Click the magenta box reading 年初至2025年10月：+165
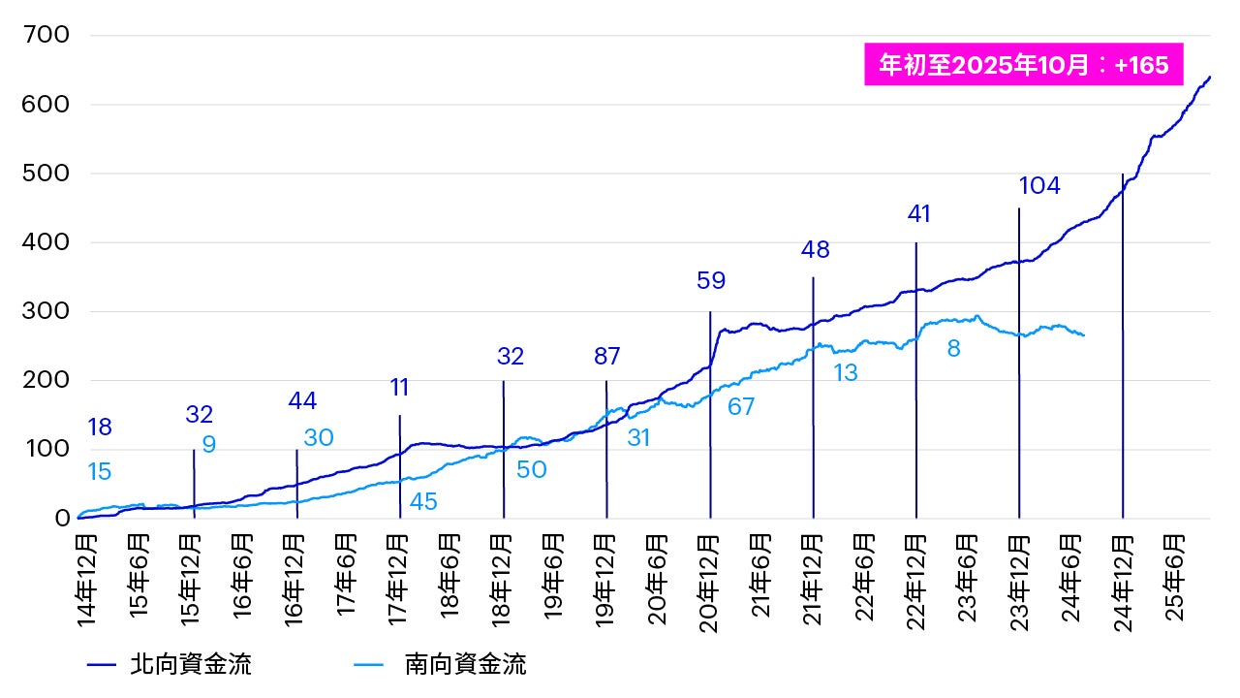1024,65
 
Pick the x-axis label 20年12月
709,579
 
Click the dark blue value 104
1039,186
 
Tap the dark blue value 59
711,281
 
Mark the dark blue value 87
607,356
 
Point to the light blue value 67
741,407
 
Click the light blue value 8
953,349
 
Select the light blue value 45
423,502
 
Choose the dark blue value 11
400,388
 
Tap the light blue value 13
846,372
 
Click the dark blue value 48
816,249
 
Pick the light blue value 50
531,470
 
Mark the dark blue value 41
918,214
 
